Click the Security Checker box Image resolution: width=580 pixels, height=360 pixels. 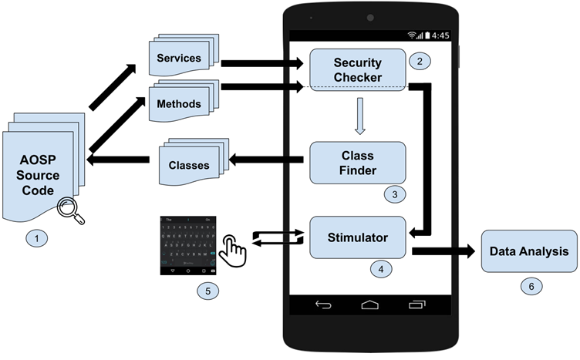357,69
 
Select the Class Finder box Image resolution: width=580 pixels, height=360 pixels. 357,162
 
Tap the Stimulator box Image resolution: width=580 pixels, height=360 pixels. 357,237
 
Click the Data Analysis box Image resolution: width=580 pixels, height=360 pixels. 529,251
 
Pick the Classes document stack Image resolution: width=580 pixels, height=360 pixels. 190,164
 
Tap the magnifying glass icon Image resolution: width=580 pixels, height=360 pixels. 72,209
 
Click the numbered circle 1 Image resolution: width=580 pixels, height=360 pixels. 35,238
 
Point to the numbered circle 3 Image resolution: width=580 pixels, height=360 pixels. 394,194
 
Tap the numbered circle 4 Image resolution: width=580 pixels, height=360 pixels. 379,270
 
